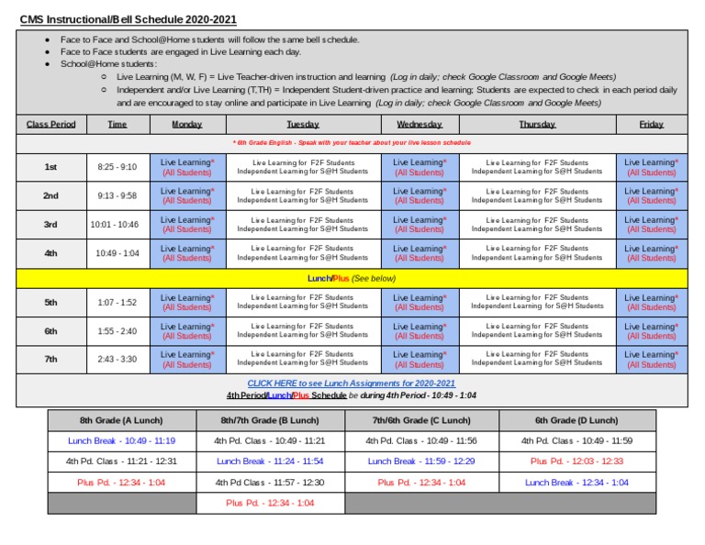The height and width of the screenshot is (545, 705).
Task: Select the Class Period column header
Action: (51, 124)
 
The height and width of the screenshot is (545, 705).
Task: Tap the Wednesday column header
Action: (420, 124)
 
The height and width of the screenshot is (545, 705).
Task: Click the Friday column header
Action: (651, 124)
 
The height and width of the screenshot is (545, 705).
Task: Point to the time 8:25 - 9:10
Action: (117, 167)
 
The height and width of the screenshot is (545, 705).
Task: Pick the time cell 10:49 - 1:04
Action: (117, 253)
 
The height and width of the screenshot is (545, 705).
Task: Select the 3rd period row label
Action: (51, 225)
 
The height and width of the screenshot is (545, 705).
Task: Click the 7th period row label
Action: (51, 360)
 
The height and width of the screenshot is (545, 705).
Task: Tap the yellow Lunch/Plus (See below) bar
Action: (352, 278)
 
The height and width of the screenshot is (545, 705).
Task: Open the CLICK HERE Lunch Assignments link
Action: (352, 384)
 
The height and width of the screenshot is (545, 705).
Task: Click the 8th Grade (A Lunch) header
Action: (121, 420)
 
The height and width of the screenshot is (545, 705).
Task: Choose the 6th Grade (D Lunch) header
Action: (576, 420)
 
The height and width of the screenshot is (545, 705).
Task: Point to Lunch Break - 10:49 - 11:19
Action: (121, 440)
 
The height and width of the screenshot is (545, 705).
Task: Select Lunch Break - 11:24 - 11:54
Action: (270, 462)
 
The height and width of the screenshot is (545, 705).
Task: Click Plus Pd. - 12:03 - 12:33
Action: (576, 462)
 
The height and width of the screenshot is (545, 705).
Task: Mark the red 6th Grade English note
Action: (352, 143)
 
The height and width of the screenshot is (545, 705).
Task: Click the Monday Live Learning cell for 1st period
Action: (187, 167)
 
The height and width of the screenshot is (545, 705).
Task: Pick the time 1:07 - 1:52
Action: (117, 303)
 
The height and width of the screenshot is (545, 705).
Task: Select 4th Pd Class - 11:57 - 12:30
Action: (270, 483)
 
